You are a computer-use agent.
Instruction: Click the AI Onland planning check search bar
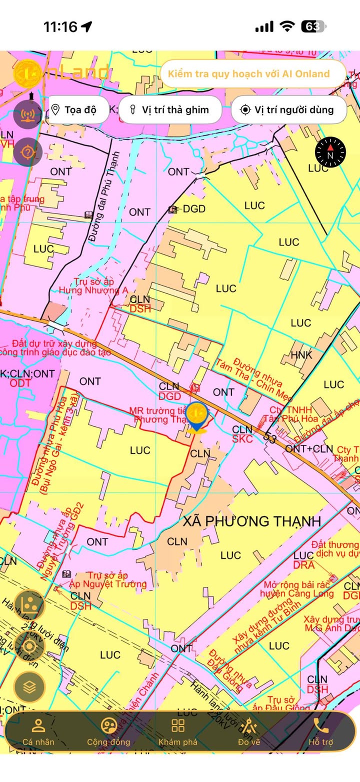pos(253,74)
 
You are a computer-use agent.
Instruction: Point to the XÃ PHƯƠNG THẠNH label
pos(251,521)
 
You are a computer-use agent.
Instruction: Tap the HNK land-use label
pos(301,355)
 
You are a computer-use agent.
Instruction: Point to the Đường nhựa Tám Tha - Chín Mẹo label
pos(248,380)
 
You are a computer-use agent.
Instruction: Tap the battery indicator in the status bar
pos(313,26)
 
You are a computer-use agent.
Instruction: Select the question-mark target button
pos(27,151)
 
